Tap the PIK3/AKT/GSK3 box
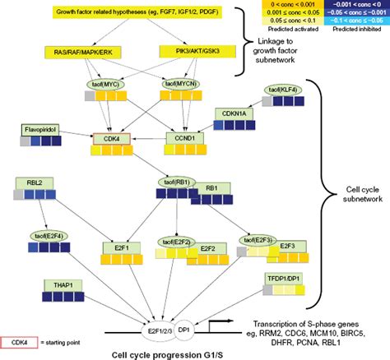(x=183, y=52)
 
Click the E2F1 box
(x=116, y=246)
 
